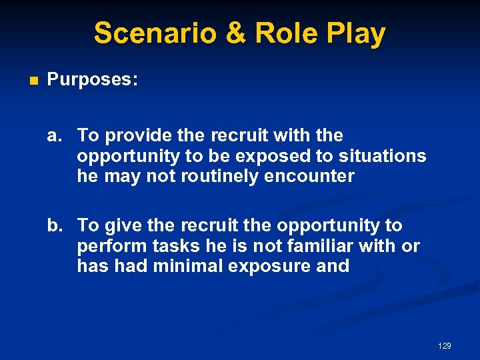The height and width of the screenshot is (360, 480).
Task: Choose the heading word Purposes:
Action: pos(93,81)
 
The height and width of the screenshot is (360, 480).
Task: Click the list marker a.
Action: pos(55,136)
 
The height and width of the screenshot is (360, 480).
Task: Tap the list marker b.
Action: pos(55,226)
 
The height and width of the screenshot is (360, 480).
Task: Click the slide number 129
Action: pos(445,345)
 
